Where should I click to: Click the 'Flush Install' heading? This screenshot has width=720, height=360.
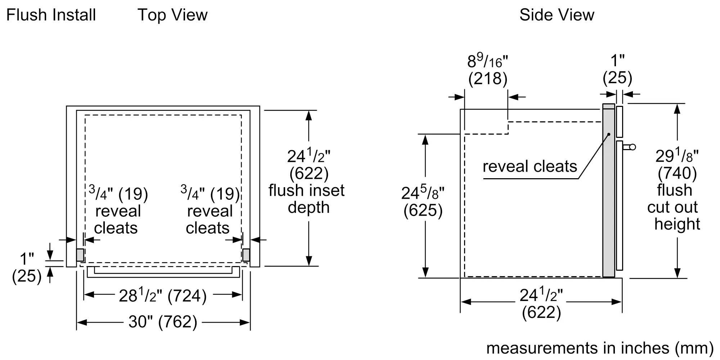coord(51,15)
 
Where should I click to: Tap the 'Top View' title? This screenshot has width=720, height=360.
coord(172,15)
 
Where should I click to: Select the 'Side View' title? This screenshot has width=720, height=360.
coord(557,15)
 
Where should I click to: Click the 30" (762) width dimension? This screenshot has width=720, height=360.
coord(163,322)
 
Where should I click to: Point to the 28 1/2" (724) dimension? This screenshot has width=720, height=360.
coord(163,296)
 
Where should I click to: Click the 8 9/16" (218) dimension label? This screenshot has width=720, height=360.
coord(488,70)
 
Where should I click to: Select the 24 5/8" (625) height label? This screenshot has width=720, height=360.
coord(423,202)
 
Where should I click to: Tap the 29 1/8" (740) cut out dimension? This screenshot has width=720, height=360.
coord(677,165)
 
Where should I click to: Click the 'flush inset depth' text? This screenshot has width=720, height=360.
coord(307,199)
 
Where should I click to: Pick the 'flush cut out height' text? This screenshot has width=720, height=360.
coord(674,207)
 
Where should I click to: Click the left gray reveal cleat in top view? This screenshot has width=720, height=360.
coord(80,255)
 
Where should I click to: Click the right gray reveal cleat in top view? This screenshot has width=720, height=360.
coord(246,255)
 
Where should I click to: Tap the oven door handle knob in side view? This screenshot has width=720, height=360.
coord(632,147)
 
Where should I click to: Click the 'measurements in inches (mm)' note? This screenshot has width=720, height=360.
coord(600,348)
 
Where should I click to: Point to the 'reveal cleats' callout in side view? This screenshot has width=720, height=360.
coord(530,166)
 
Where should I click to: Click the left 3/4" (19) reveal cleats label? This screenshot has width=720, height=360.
coord(118,211)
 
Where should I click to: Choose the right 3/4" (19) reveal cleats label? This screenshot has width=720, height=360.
coord(210,211)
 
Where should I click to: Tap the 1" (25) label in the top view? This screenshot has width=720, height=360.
coord(27,267)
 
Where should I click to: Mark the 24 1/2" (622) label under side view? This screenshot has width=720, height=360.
coord(541,303)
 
